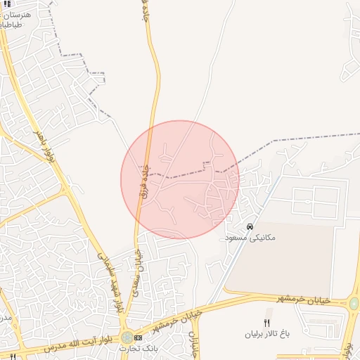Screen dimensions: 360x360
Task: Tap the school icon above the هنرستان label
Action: pyautogui.click(x=7, y=4)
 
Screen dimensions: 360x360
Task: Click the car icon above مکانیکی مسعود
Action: pyautogui.click(x=250, y=226)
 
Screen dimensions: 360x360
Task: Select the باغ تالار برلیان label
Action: pyautogui.click(x=266, y=333)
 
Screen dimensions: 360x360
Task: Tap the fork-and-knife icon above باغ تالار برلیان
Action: pyautogui.click(x=266, y=322)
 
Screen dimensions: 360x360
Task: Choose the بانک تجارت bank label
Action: pyautogui.click(x=138, y=348)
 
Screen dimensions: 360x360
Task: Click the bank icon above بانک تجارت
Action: pyautogui.click(x=138, y=337)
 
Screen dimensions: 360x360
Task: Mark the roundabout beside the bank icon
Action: pyautogui.click(x=127, y=338)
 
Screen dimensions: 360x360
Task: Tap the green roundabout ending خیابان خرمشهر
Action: pyautogui.click(x=354, y=304)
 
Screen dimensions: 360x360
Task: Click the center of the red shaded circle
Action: pyautogui.click(x=180, y=179)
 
